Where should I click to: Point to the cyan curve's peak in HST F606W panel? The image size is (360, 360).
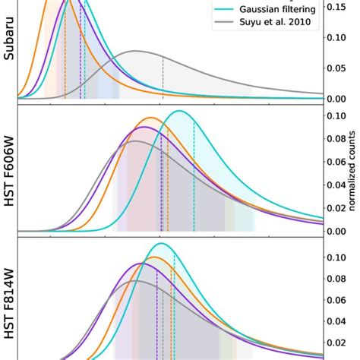180,111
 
